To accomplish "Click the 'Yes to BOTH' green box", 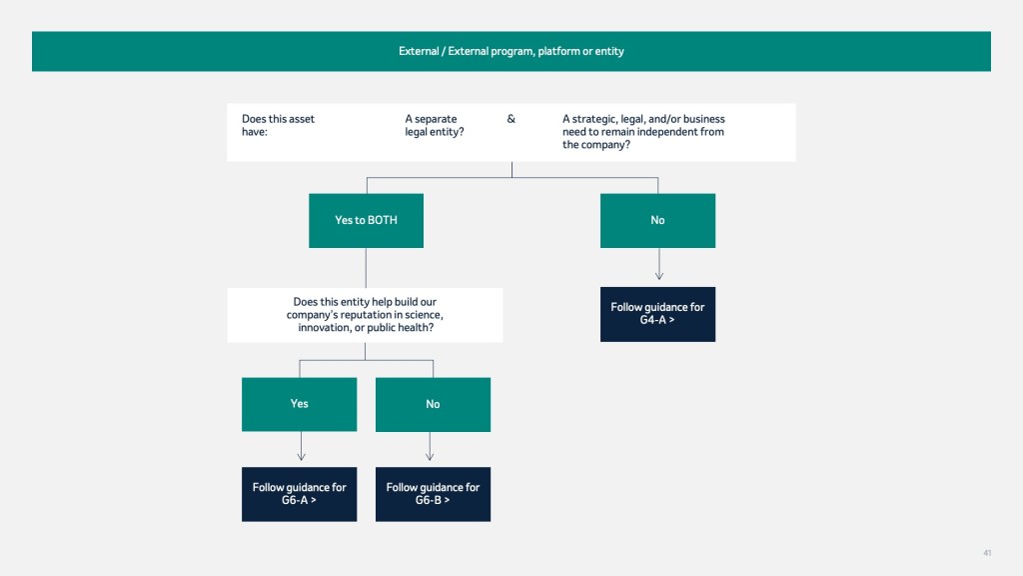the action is pos(366,221).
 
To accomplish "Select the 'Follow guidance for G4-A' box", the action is pos(657,314).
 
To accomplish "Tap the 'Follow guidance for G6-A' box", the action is pos(300,494).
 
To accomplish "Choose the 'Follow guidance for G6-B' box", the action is pos(434,494).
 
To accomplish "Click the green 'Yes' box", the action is pos(300,404).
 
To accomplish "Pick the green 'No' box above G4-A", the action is pos(657,221).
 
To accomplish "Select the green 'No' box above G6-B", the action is pos(434,404).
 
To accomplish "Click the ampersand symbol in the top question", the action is pos(511,119).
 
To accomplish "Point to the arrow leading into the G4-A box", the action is pos(659,264).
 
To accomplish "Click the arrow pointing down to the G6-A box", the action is pos(301,446).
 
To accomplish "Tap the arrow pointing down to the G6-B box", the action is pos(430,446).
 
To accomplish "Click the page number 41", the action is pos(987,553).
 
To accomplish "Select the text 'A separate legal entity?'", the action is pos(435,125).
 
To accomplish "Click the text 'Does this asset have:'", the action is pos(278,125).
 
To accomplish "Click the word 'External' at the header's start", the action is pos(419,51).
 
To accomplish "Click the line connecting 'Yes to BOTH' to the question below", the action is pos(366,268).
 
